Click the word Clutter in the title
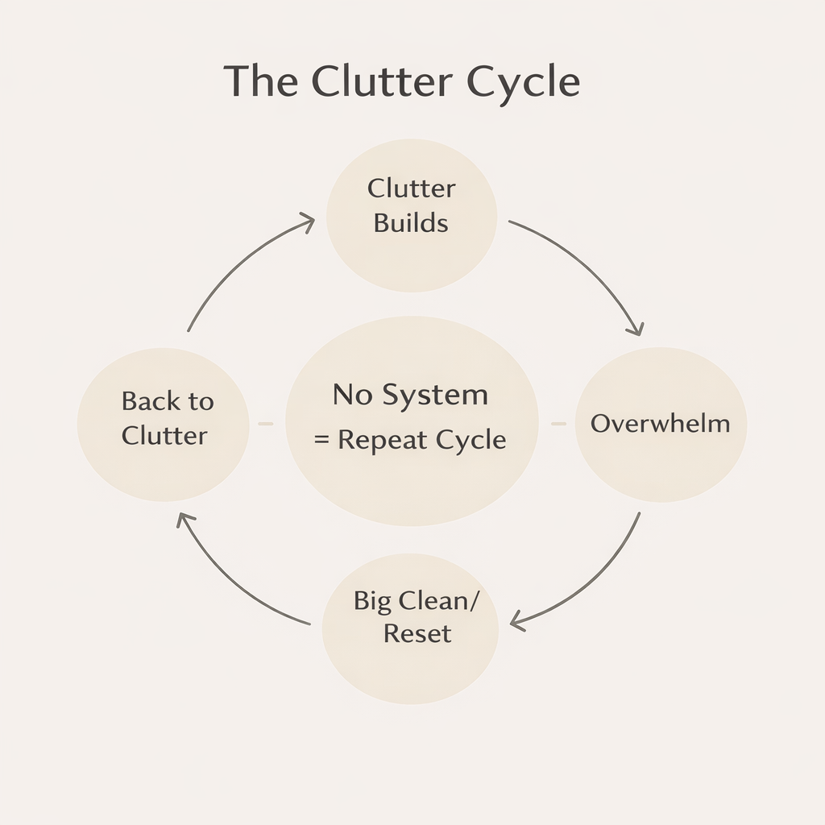click(x=384, y=81)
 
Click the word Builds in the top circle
click(x=411, y=222)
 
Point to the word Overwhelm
click(x=660, y=424)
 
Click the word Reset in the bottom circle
click(x=417, y=633)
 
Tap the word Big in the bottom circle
click(x=372, y=602)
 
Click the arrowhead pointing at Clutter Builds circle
click(x=307, y=221)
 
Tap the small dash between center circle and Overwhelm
click(x=558, y=423)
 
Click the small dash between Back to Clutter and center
click(x=265, y=423)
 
